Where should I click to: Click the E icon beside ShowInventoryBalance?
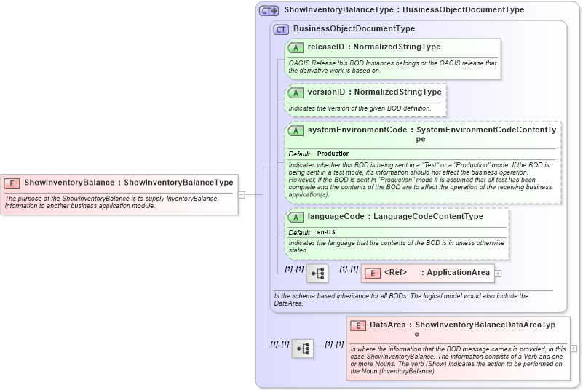[x=12, y=183]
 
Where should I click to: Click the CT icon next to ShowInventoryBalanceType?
[x=269, y=11]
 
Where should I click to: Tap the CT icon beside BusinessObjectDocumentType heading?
[x=281, y=29]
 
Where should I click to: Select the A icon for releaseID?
[x=296, y=47]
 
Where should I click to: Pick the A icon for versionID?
[x=296, y=93]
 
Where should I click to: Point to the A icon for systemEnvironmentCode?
[x=296, y=130]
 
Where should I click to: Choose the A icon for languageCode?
[x=296, y=217]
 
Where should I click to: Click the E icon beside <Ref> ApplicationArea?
[x=372, y=273]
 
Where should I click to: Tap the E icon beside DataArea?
[x=357, y=325]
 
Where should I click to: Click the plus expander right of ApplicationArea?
[x=498, y=273]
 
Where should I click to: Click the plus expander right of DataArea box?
[x=574, y=349]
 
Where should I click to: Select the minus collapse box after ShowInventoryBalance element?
[x=242, y=194]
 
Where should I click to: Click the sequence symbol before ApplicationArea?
[x=317, y=274]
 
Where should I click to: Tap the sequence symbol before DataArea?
[x=303, y=349]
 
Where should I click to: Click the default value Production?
[x=333, y=154]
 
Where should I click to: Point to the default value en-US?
[x=327, y=232]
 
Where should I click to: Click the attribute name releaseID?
[x=325, y=47]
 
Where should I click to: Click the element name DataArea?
[x=387, y=325]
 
